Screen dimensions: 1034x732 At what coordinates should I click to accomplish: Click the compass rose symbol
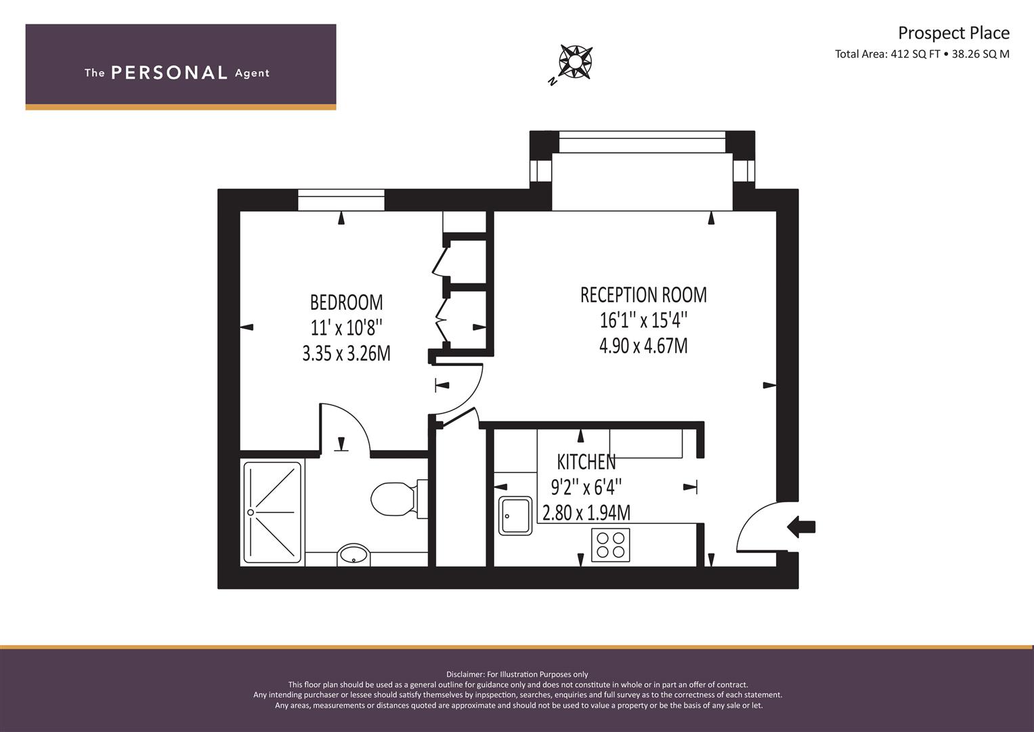pyautogui.click(x=576, y=62)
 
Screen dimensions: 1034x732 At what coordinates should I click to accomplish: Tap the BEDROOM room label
pyautogui.click(x=346, y=303)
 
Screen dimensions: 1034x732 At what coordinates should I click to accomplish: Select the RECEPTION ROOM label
pyautogui.click(x=643, y=295)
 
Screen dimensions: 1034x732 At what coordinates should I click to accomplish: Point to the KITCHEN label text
pyautogui.click(x=586, y=462)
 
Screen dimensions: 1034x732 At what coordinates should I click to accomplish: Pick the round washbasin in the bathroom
pyautogui.click(x=353, y=554)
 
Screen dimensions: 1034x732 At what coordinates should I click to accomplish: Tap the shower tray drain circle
pyautogui.click(x=251, y=512)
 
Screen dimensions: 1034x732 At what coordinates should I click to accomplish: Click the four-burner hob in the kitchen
pyautogui.click(x=610, y=545)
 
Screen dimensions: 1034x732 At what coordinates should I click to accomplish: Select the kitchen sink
pyautogui.click(x=515, y=516)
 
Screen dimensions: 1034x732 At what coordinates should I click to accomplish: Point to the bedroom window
pyautogui.click(x=341, y=200)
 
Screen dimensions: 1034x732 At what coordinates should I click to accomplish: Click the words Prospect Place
pyautogui.click(x=953, y=33)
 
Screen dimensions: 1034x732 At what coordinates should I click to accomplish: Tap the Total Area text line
pyautogui.click(x=922, y=54)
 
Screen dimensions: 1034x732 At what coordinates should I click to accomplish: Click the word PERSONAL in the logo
pyautogui.click(x=169, y=73)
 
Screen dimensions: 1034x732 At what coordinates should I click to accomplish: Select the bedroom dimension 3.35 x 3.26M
pyautogui.click(x=346, y=354)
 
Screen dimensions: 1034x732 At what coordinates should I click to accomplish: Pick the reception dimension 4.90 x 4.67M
pyautogui.click(x=643, y=346)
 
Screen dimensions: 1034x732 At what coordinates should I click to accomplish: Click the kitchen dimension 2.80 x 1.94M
pyautogui.click(x=586, y=513)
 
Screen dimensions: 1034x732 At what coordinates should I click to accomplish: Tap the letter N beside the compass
pyautogui.click(x=552, y=82)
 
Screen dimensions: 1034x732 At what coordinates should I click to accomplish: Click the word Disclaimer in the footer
pyautogui.click(x=465, y=674)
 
